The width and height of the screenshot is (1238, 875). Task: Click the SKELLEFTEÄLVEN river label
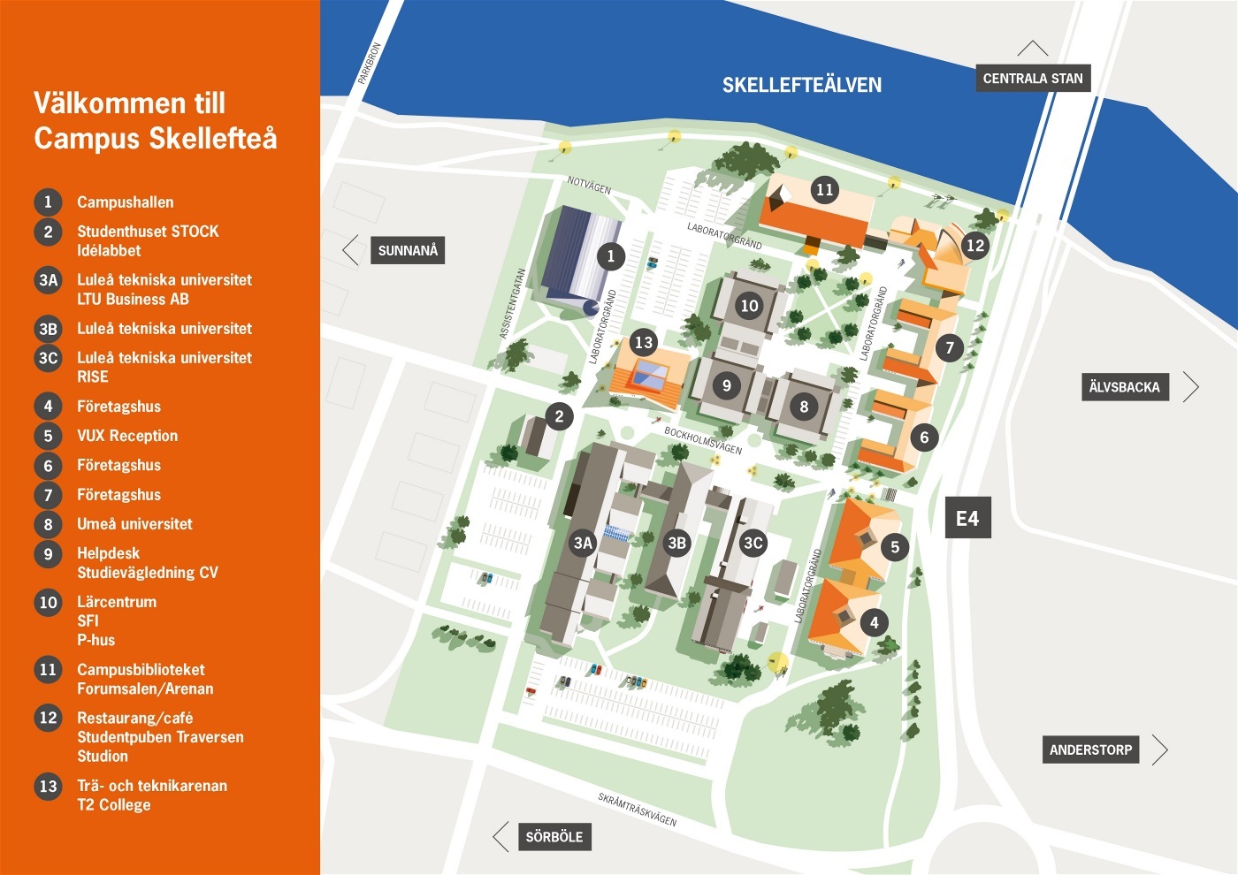(x=801, y=85)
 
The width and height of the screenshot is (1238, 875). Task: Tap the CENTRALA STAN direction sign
(x=1032, y=78)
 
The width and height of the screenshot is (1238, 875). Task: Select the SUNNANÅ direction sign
(x=408, y=250)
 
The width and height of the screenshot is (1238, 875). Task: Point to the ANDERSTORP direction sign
(x=1090, y=749)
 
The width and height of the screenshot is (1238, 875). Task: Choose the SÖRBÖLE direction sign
(x=554, y=836)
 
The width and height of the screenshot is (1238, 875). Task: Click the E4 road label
(x=967, y=518)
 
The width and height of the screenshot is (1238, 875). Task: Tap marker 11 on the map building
(x=824, y=189)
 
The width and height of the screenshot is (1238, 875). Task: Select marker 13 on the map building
(x=643, y=342)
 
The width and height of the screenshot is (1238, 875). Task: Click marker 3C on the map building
(x=753, y=543)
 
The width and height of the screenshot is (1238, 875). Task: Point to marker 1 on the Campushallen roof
(x=610, y=256)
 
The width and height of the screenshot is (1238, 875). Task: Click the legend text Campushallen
(x=125, y=202)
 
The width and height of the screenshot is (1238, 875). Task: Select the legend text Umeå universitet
(x=134, y=523)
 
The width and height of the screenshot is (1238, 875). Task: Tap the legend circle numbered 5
(x=48, y=436)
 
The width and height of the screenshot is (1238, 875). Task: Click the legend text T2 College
(x=113, y=804)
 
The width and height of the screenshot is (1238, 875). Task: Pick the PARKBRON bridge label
(x=369, y=64)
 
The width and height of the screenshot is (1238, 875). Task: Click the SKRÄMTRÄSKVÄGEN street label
(x=637, y=810)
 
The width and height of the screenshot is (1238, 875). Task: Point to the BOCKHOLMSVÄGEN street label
(x=703, y=440)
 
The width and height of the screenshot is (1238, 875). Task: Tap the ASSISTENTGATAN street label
(x=513, y=303)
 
